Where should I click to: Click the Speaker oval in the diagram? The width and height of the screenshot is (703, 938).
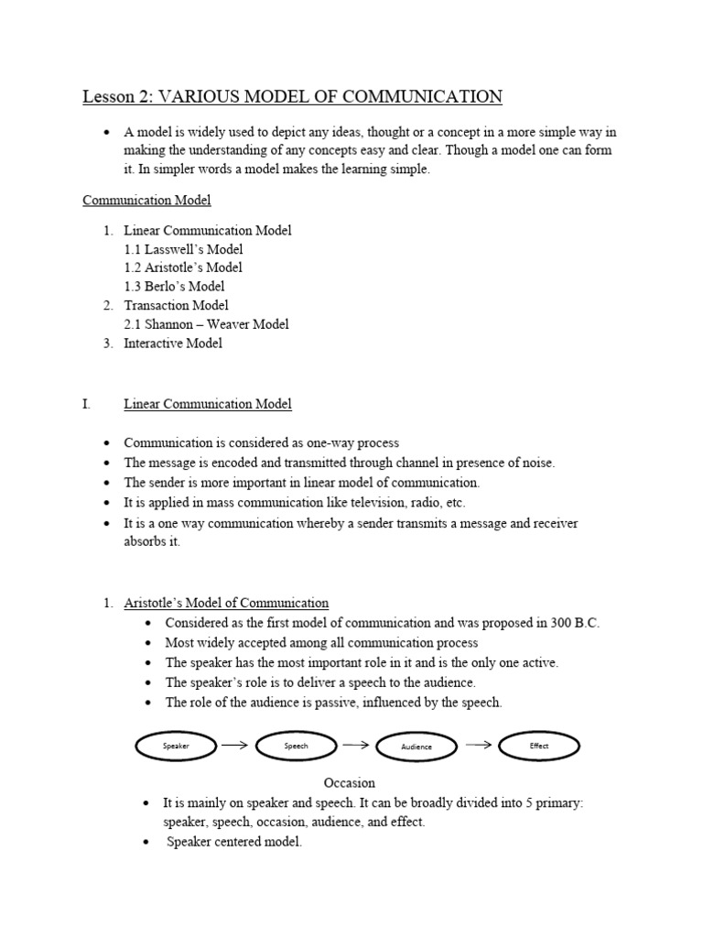click(x=176, y=747)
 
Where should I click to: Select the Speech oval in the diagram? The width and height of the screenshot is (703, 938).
click(x=296, y=747)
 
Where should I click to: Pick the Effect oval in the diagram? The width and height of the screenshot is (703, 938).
click(x=539, y=747)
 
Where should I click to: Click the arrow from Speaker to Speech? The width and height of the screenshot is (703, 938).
click(x=235, y=746)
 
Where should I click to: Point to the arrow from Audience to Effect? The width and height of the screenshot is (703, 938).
click(x=479, y=745)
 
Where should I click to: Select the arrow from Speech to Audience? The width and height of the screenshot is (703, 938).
click(x=355, y=746)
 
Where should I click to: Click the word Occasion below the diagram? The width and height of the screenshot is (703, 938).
click(x=350, y=783)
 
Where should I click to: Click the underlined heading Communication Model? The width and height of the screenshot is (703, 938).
click(x=146, y=200)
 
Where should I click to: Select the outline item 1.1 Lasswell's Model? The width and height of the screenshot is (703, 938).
click(x=183, y=249)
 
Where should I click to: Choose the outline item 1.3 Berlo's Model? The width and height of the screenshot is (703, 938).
click(x=174, y=287)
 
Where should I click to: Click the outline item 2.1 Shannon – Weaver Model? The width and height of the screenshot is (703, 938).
click(x=206, y=324)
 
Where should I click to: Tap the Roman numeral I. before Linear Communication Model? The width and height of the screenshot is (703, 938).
click(x=87, y=404)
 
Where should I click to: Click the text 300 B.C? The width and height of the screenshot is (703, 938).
click(x=575, y=623)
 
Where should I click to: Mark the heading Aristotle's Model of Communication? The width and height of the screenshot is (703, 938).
click(x=226, y=603)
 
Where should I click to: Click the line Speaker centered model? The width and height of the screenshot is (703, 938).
click(x=234, y=842)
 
